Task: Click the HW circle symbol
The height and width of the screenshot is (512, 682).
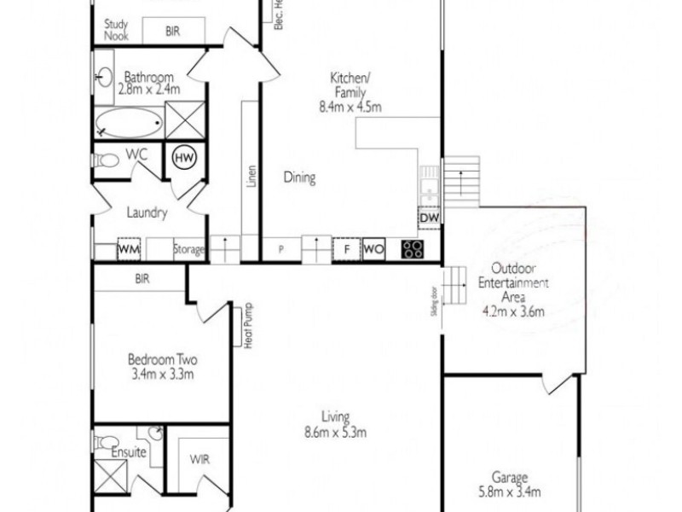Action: point(183,158)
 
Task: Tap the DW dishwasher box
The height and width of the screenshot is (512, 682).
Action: point(429,218)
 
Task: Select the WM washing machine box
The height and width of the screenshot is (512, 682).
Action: point(129,249)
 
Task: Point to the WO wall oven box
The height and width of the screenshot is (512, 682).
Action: point(374,249)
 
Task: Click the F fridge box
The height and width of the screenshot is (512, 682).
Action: point(347,249)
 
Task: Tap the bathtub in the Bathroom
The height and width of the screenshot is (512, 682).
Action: point(128,123)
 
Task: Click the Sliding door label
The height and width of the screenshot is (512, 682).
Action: point(434,302)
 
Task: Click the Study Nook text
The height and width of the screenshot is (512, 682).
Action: point(116,30)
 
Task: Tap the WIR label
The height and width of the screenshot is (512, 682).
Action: point(199,459)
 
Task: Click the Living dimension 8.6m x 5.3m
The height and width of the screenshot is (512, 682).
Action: point(337,432)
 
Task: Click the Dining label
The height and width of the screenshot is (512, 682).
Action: point(299,178)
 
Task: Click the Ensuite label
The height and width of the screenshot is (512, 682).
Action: point(129,451)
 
